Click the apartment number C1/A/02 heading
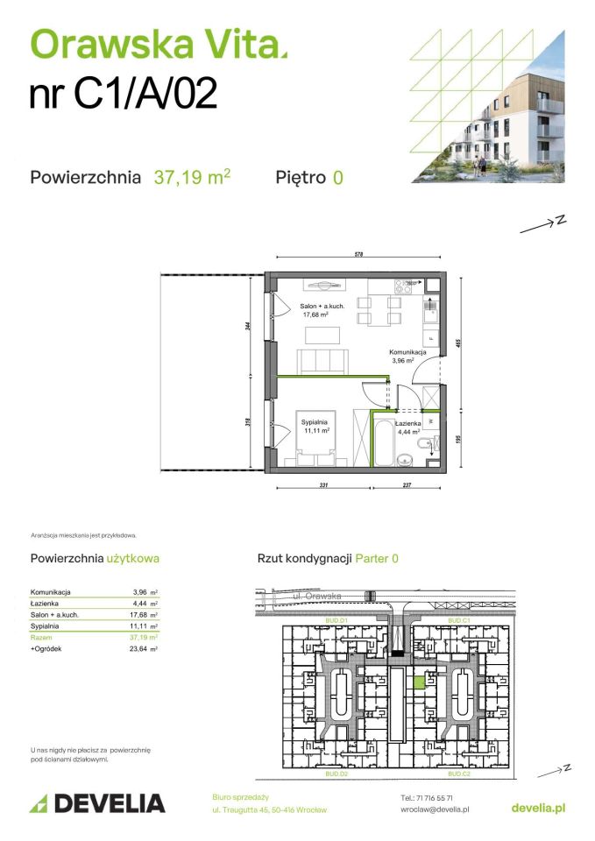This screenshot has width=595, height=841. pyautogui.click(x=123, y=93)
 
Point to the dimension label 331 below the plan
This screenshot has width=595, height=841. pyautogui.click(x=322, y=483)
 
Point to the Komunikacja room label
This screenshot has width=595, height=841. pyautogui.click(x=407, y=352)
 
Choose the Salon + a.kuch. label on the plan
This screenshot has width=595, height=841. pyautogui.click(x=322, y=306)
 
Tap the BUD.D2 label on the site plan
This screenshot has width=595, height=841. pyautogui.click(x=337, y=775)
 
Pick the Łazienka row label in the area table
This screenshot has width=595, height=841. pyautogui.click(x=45, y=604)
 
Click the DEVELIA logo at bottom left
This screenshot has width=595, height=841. pyautogui.click(x=97, y=802)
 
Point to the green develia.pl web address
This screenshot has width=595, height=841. pyautogui.click(x=537, y=807)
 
